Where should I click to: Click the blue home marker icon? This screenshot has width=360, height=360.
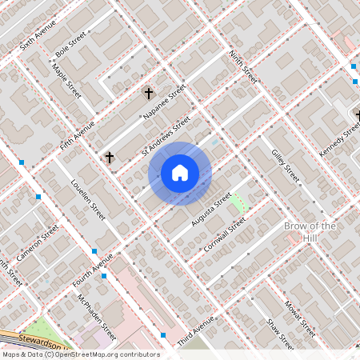coord(180,172)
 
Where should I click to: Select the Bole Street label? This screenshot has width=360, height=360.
coord(70,46)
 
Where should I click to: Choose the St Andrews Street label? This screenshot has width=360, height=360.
coord(166,135)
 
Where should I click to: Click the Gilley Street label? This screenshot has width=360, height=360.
coord(285,164)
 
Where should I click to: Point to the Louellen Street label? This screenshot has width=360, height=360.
coord(89,200)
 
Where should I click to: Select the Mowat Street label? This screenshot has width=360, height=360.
coord(302,316)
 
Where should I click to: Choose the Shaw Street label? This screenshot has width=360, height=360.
coord(282,334)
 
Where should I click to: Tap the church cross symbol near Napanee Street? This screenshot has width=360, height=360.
coord(147,94)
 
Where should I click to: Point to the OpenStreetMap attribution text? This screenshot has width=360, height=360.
coord(80,354)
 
